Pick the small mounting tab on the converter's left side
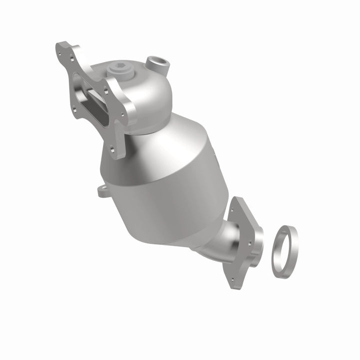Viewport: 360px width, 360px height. point(103,191)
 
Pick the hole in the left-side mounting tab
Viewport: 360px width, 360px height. point(102,190)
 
